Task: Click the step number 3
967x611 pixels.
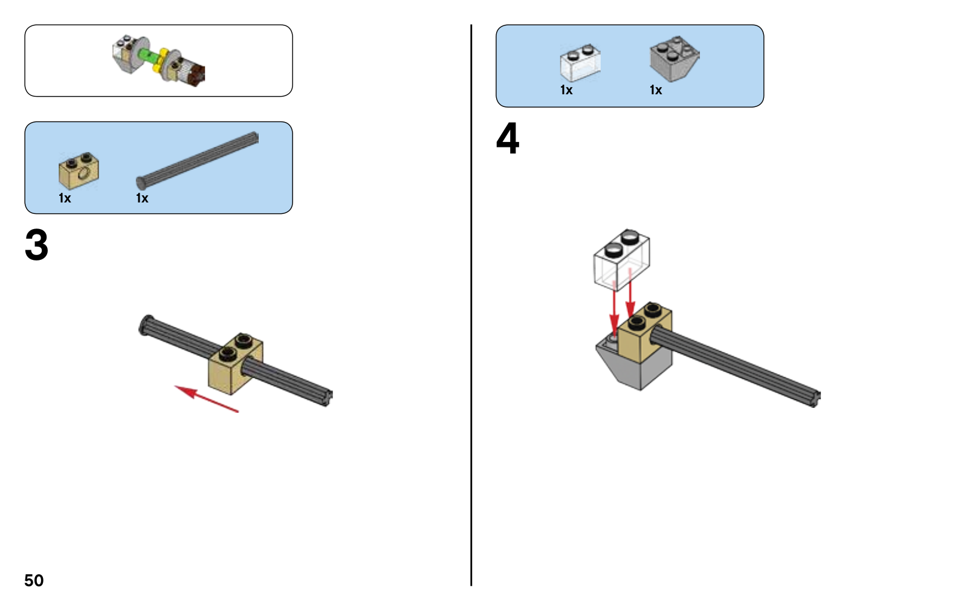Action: [36, 245]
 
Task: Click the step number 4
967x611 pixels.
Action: [508, 139]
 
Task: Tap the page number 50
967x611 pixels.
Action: [34, 580]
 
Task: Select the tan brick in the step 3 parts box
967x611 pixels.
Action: [79, 172]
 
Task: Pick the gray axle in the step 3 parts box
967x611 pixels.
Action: [198, 160]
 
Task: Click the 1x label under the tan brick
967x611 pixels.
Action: [65, 198]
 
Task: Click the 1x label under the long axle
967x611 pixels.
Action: [142, 198]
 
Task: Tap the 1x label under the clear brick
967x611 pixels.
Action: [566, 90]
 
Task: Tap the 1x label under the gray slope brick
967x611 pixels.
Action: [656, 90]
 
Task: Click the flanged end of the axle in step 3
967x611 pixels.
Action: [147, 325]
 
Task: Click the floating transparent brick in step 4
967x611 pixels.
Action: [621, 259]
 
